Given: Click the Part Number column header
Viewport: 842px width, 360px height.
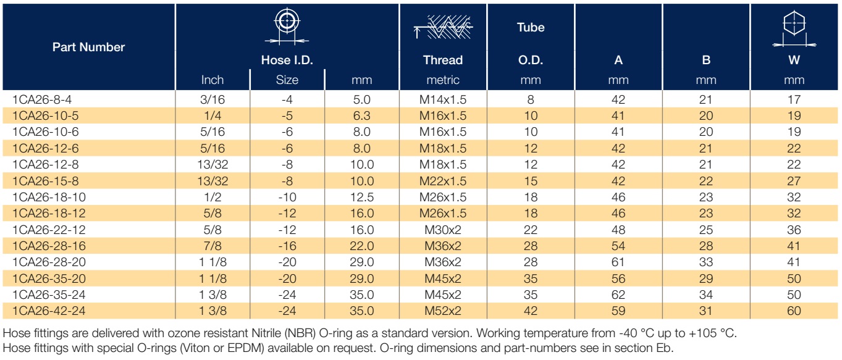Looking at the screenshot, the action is pos(88,47).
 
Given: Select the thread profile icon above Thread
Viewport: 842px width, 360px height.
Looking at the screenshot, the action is pos(443,27).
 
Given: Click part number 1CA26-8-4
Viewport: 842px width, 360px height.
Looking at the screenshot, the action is pos(42,99).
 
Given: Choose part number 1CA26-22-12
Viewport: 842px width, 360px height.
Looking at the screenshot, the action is pos(49,230).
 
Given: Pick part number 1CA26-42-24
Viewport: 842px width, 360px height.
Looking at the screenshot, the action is pos(49,311).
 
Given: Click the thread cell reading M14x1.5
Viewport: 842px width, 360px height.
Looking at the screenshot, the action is pos(443,99).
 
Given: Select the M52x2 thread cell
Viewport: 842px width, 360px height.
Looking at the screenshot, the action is pos(443,311).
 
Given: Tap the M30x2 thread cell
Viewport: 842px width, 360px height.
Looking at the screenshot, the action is pos(443,230).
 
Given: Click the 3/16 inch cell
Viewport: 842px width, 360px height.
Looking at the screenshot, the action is pos(213,99).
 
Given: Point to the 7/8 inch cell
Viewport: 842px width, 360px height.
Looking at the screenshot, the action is pos(213,246).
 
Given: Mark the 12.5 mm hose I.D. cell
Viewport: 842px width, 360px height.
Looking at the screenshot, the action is pos(361,197).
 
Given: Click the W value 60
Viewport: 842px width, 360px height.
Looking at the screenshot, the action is pos(794,311).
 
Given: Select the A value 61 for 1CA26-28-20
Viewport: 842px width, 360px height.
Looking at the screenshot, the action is pos(618,262).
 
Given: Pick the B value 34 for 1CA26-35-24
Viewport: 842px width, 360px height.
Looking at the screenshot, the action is pos(706,295).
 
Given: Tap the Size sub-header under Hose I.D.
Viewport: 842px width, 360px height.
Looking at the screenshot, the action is pos(287,80).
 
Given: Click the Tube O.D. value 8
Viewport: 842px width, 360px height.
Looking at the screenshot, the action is pos(531,99).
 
